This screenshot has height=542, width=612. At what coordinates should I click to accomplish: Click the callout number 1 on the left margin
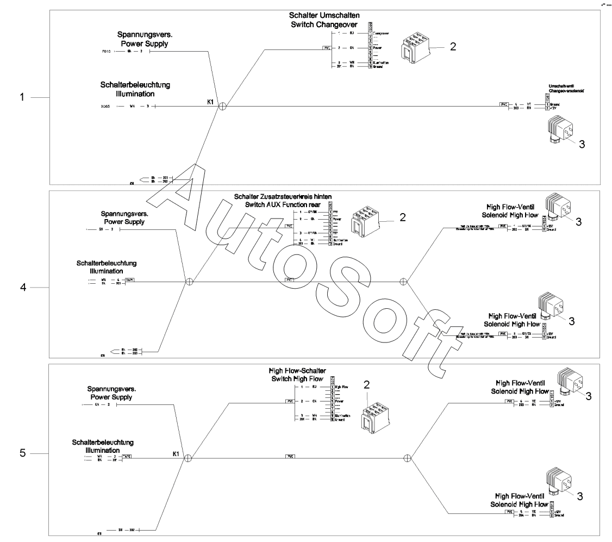click(x=22, y=98)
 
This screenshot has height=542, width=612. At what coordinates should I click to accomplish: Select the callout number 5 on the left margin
click(x=23, y=452)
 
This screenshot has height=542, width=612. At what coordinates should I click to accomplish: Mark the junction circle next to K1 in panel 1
click(x=222, y=107)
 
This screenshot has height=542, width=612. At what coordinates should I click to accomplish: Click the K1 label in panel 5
click(x=176, y=453)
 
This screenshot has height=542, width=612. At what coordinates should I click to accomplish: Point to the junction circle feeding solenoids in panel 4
click(x=403, y=282)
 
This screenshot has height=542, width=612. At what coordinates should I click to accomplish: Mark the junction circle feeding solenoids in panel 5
click(x=407, y=458)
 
